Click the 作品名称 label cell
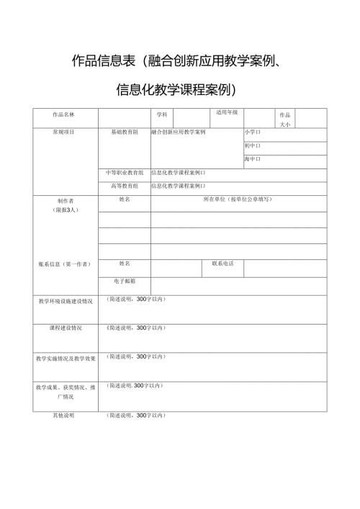click(x=64, y=115)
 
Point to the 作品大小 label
click(x=284, y=120)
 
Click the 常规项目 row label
click(x=64, y=132)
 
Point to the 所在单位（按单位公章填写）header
click(x=238, y=199)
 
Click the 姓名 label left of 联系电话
click(x=124, y=263)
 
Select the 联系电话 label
click(x=222, y=263)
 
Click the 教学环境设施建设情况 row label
click(x=66, y=301)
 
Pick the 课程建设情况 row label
click(x=66, y=328)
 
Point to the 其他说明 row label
click(x=64, y=415)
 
